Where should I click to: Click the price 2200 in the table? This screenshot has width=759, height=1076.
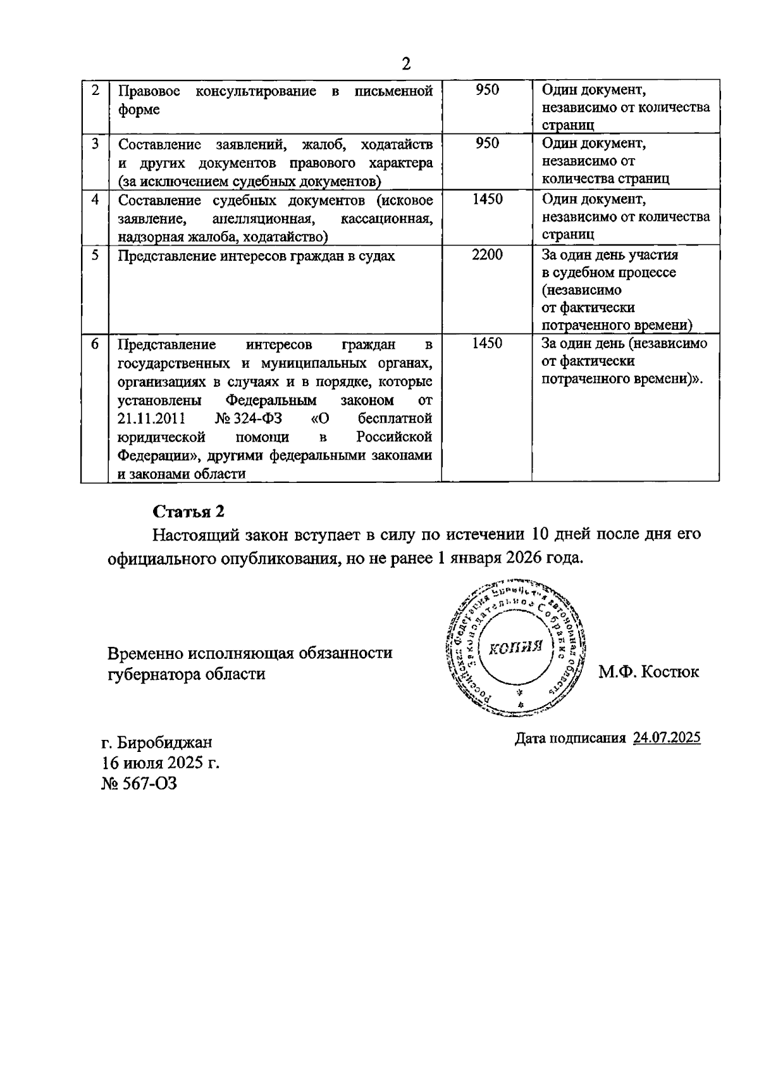(487, 255)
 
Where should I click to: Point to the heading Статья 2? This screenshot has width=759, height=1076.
(188, 511)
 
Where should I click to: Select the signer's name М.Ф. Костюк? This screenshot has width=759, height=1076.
(649, 672)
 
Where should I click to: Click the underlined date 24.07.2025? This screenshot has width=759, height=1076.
(667, 737)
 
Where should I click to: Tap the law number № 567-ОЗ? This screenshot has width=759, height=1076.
(139, 784)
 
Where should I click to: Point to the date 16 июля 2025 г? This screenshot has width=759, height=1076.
(161, 763)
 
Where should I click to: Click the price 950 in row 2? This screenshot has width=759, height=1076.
(487, 90)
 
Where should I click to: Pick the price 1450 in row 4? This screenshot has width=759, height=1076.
(487, 199)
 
